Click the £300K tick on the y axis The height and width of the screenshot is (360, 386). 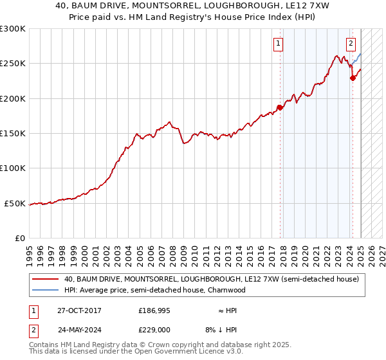(x=13, y=29)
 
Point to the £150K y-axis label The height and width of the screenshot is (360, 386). (x=13, y=134)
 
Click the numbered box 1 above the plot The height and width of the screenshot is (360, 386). (x=279, y=44)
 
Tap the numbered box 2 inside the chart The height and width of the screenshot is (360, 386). (x=351, y=44)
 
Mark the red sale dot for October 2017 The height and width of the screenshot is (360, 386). (x=280, y=107)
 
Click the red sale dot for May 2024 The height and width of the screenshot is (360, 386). (x=353, y=78)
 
